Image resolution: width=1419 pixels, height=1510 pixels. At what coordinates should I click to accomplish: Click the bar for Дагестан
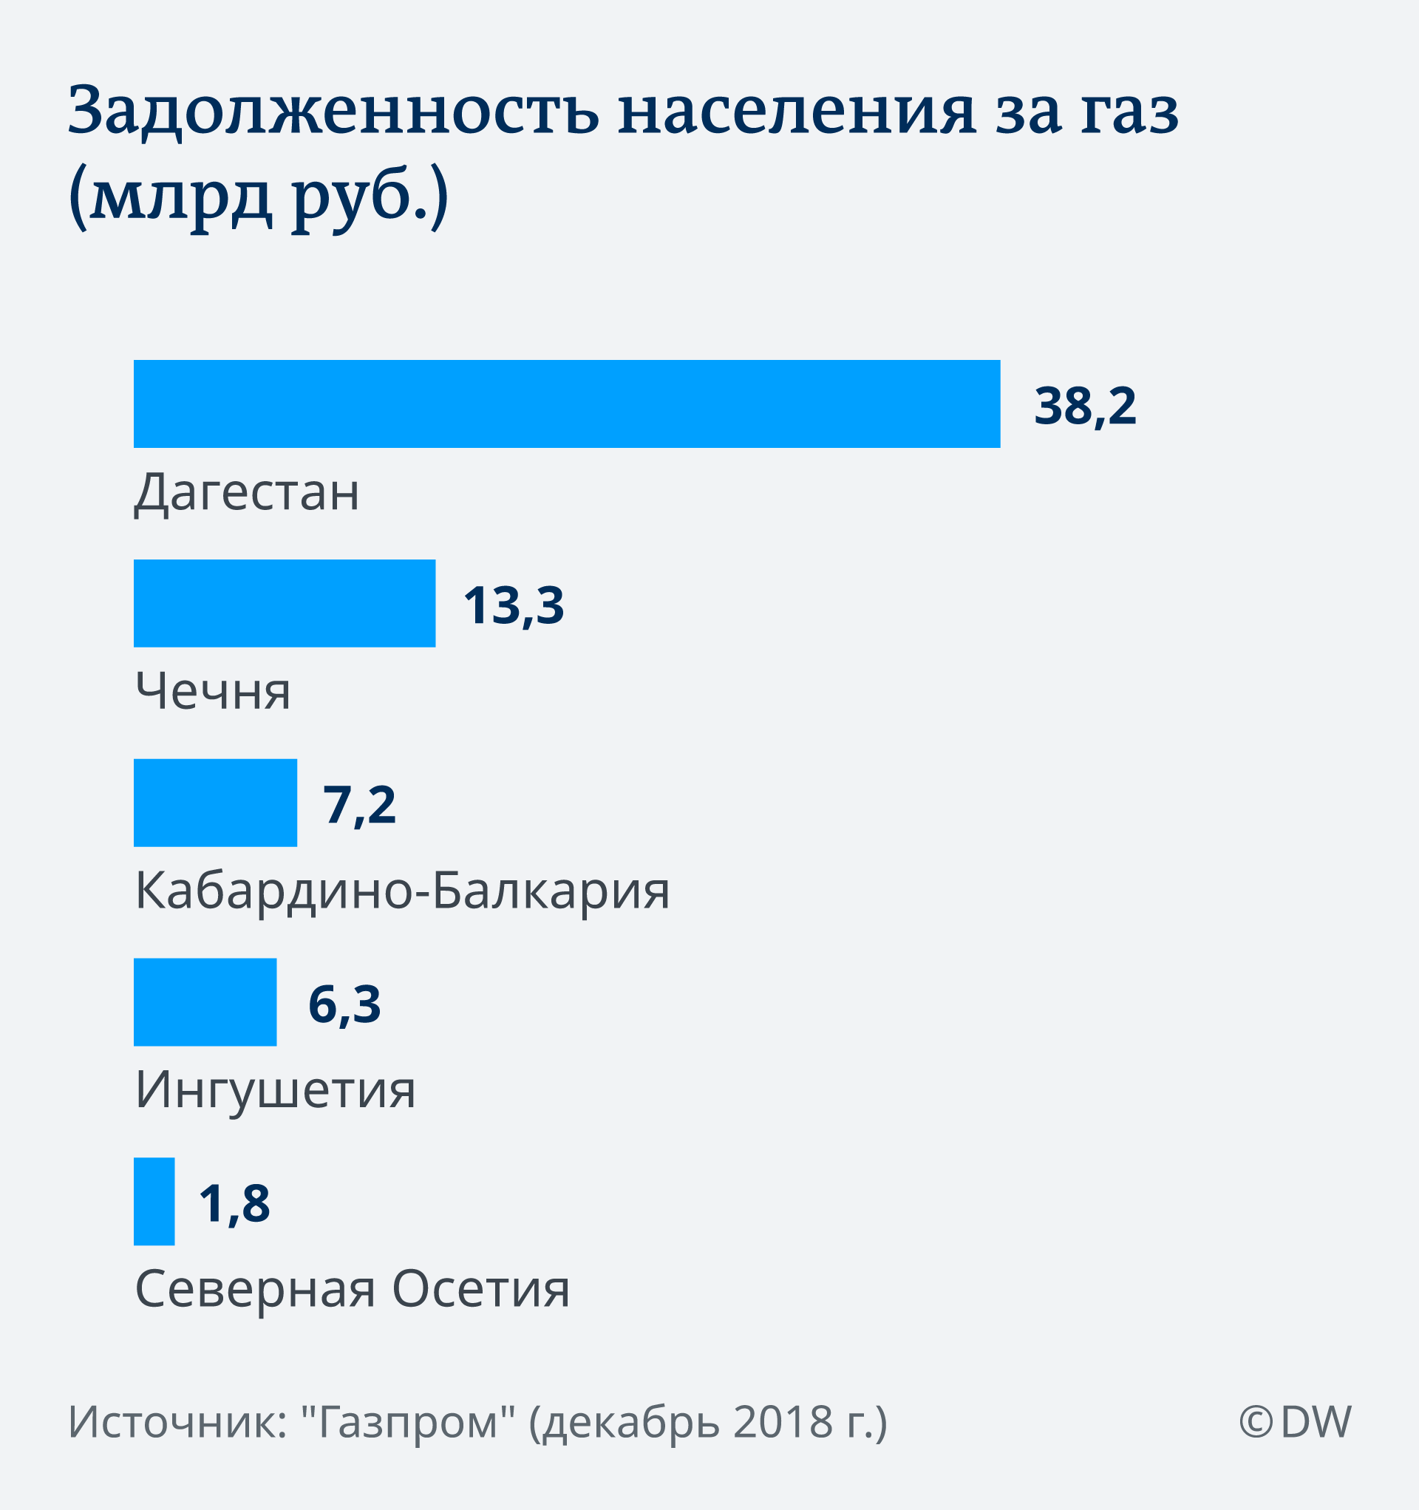click(567, 404)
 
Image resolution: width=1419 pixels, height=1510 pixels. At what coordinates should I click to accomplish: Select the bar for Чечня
click(284, 603)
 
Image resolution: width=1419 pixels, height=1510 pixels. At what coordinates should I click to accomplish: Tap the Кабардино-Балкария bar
click(215, 802)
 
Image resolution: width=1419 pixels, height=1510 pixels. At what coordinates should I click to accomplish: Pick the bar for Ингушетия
click(205, 1001)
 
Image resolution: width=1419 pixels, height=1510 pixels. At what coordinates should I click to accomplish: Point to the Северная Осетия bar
click(154, 1201)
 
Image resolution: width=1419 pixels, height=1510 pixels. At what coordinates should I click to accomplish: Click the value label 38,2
click(1085, 406)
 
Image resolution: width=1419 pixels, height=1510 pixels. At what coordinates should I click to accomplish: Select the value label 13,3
click(514, 605)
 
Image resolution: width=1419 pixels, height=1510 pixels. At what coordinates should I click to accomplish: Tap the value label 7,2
click(359, 805)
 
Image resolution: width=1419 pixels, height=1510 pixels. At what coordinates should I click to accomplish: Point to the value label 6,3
click(344, 1004)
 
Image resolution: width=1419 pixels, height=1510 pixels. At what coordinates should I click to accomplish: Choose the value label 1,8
click(234, 1203)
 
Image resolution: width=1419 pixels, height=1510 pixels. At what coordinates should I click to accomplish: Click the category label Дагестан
click(247, 492)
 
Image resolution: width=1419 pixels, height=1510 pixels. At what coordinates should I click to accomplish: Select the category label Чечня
click(213, 691)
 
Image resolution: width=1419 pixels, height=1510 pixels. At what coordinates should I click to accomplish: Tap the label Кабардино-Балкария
click(402, 890)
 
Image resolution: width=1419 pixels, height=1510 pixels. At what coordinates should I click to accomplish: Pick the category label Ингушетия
click(275, 1090)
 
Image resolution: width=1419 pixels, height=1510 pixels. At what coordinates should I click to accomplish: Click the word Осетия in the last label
click(481, 1289)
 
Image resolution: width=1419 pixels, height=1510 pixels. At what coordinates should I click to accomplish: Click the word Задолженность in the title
click(333, 112)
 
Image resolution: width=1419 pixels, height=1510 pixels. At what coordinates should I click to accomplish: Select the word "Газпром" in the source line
click(409, 1422)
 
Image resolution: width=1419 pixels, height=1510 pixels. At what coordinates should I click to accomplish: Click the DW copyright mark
click(1294, 1422)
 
